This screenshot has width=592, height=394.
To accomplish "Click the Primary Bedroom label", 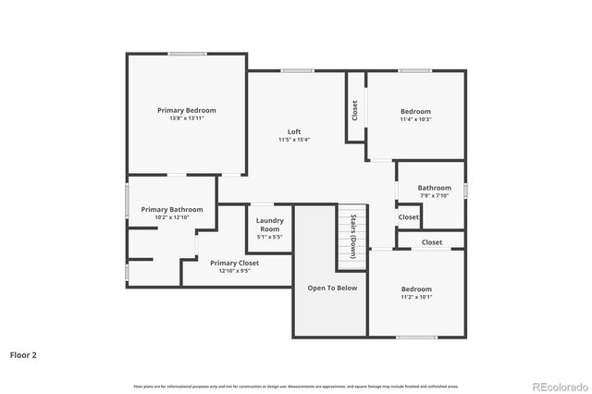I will click(186, 110).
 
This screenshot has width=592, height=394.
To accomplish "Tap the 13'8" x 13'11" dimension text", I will click(186, 118).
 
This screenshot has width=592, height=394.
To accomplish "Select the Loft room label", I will click(294, 131).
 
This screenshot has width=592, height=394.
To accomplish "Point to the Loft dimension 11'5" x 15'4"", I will click(294, 140).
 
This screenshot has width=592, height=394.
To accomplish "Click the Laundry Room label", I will click(270, 224).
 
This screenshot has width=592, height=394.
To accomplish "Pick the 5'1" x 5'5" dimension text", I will click(270, 237).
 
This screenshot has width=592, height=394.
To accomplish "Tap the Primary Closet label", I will click(234, 263).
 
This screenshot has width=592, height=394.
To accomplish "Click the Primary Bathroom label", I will click(171, 210).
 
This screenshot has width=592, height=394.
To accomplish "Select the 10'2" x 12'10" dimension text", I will click(171, 218).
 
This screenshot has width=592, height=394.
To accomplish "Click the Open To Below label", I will click(332, 288).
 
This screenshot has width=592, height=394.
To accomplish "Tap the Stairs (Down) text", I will click(353, 236).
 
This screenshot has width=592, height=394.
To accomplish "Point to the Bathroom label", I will click(434, 188).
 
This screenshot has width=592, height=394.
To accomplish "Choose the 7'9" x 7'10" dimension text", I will click(434, 195).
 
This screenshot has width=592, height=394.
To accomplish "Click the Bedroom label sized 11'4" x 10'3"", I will click(416, 110).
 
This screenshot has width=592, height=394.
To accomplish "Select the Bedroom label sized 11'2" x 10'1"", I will click(416, 289).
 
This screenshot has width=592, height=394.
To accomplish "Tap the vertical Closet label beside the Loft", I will click(355, 110).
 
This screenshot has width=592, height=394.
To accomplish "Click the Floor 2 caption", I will click(23, 354).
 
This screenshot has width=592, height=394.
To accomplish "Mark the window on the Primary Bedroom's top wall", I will click(187, 54).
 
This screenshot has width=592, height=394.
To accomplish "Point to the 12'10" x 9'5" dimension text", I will click(234, 271).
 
